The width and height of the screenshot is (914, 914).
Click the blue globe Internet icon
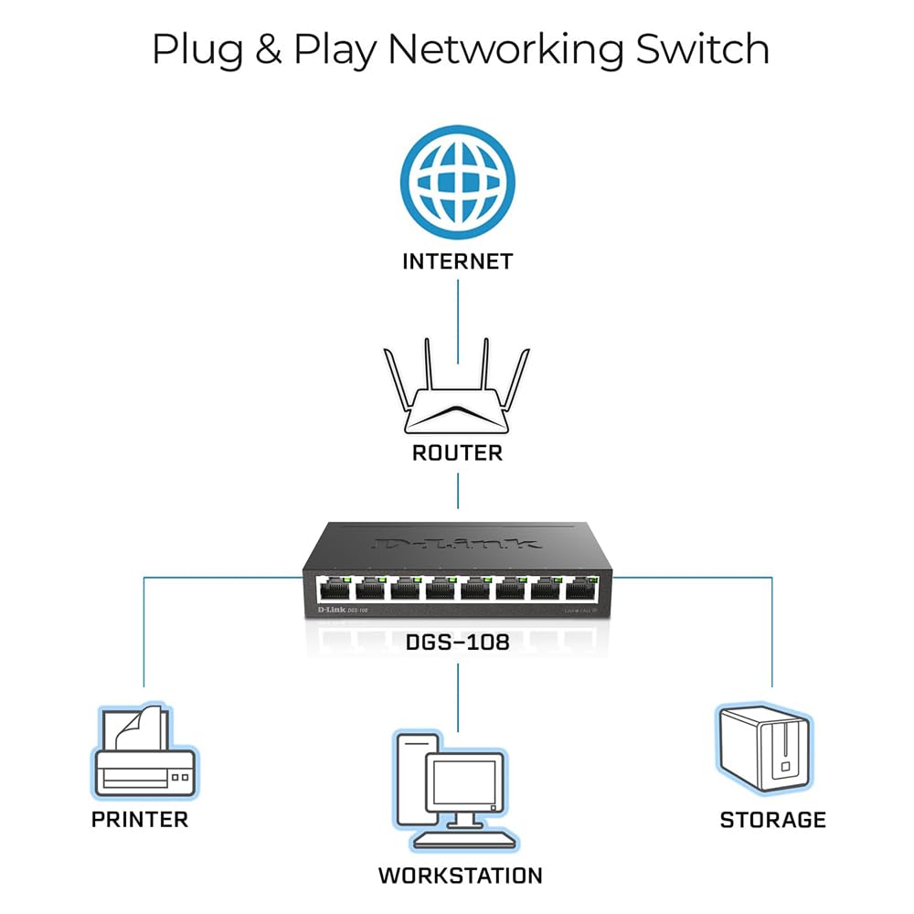coord(457,178)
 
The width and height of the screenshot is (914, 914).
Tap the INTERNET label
coord(457,261)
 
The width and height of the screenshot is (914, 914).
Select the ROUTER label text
coord(457,452)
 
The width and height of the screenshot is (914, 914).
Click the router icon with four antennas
coord(457,398)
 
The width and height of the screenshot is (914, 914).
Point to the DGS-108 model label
coord(457,643)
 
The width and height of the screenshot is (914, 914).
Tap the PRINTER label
coord(140,819)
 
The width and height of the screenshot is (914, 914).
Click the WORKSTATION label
coord(460,876)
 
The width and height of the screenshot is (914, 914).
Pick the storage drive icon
coord(764,748)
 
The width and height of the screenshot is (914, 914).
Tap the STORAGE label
coord(772,819)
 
